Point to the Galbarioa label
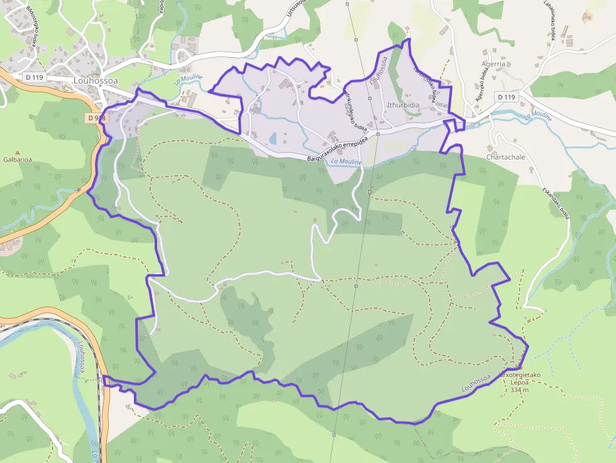pyautogui.click(x=18, y=160)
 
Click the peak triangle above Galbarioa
pyautogui.click(x=18, y=152)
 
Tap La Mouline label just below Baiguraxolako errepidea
pyautogui.click(x=346, y=162)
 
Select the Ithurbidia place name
pyautogui.click(x=404, y=105)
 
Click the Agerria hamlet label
pyautogui.click(x=493, y=64)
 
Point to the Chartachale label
pyautogui.click(x=505, y=157)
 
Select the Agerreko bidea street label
pyautogui.click(x=480, y=85)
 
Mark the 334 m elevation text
pyautogui.click(x=519, y=390)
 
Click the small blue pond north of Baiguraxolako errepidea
pyautogui.click(x=272, y=138)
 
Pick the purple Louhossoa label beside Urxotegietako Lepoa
pyautogui.click(x=476, y=383)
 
